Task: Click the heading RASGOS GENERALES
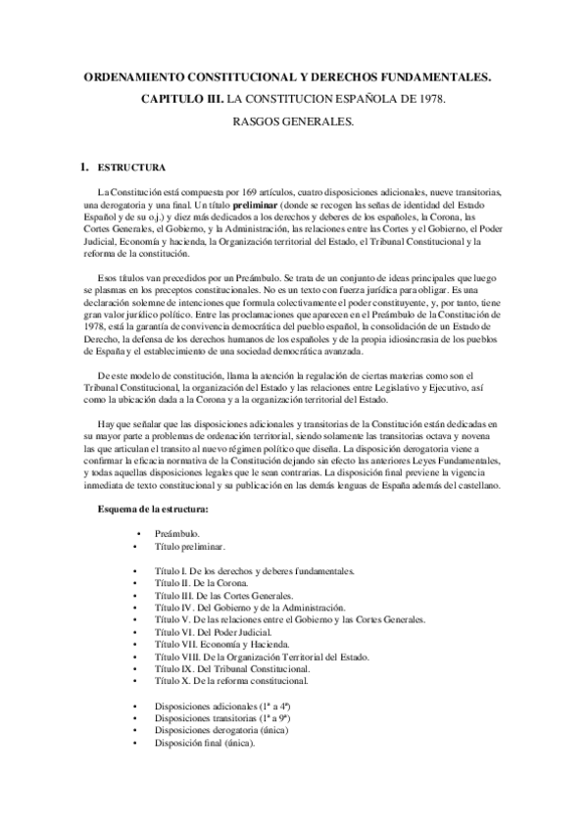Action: click(292, 123)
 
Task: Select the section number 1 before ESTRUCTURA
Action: click(84, 168)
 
